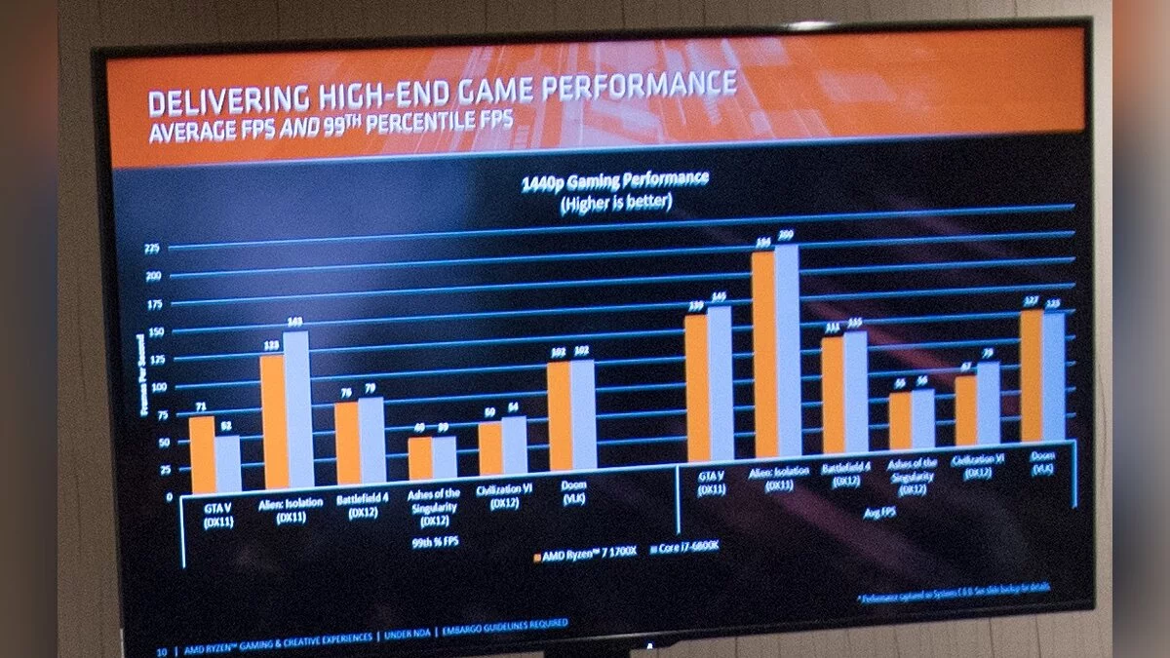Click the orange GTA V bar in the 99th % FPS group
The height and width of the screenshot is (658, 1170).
point(202,454)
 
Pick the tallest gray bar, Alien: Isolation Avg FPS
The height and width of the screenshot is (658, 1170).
point(787,351)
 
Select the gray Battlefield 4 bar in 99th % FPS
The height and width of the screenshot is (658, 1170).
point(371,441)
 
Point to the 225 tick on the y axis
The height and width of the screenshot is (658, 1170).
point(152,250)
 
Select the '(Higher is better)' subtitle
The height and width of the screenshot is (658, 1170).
point(615,203)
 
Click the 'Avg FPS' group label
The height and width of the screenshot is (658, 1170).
point(877,507)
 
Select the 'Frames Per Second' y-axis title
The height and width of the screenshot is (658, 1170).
point(143,375)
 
